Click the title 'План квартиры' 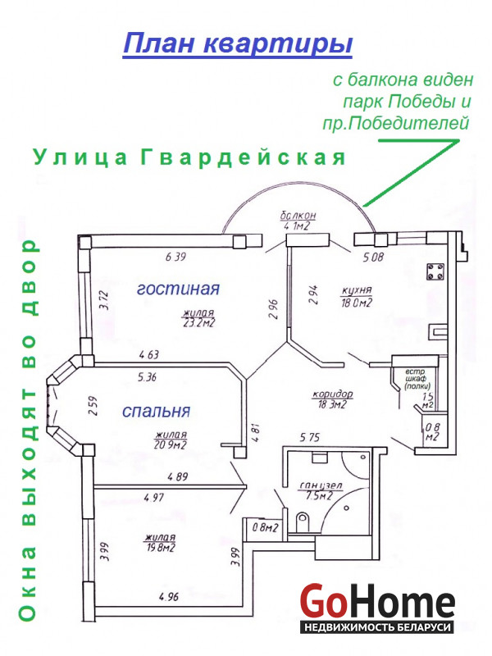tap(238, 43)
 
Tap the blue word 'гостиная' tap(178, 289)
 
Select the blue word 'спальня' tap(156, 412)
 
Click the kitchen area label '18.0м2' tap(357, 303)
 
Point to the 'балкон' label tap(298, 216)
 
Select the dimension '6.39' tap(175, 257)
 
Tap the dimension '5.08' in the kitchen tap(373, 257)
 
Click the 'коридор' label tap(333, 394)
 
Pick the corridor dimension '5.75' tap(310, 437)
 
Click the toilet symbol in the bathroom tap(302, 522)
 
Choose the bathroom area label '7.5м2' tap(319, 496)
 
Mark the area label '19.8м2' tap(161, 547)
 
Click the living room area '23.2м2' tap(199, 322)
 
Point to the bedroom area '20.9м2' tap(171, 444)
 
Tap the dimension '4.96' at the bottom tap(169, 597)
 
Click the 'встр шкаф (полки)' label tap(417, 379)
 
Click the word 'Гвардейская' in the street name tap(243, 157)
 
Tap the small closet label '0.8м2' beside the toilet tap(265, 527)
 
